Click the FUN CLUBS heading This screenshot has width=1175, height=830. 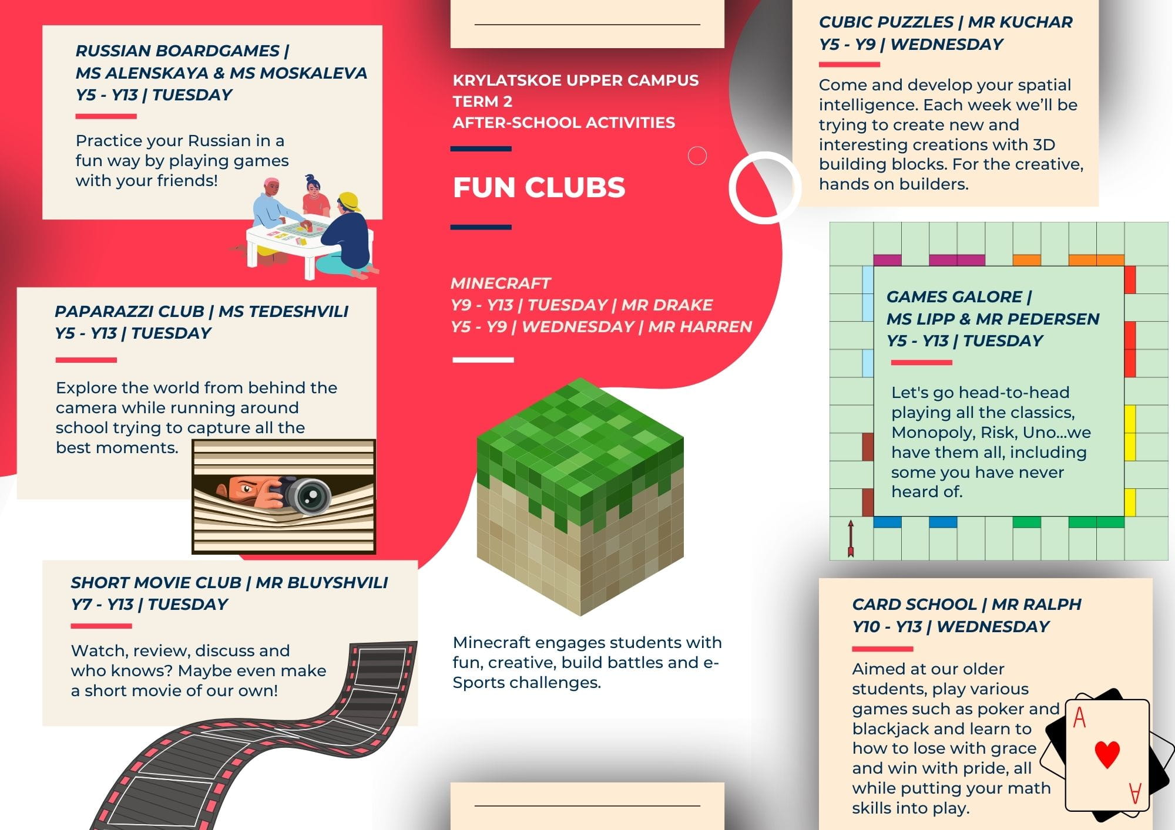(539, 188)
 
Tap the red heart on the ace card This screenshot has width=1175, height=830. (1107, 754)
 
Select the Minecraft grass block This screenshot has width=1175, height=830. (580, 496)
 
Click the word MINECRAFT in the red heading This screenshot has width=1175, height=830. (501, 284)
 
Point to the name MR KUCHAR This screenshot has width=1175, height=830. (1020, 22)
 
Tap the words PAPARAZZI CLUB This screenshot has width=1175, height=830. (129, 312)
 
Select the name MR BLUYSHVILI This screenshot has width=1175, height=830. (322, 583)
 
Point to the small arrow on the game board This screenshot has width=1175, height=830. (850, 538)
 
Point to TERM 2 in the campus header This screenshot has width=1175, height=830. (482, 102)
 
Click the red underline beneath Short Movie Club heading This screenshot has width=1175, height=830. (101, 626)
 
